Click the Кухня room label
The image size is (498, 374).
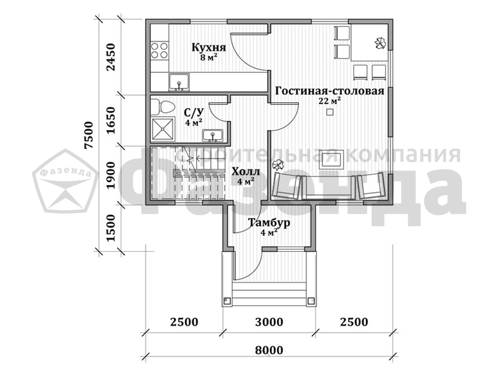(209, 48)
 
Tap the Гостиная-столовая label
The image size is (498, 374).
(330, 91)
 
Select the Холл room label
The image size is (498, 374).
(245, 172)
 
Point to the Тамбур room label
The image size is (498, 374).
(269, 223)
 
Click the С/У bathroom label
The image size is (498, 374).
(194, 112)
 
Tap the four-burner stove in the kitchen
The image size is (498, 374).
(159, 50)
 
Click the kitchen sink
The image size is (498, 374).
(179, 82)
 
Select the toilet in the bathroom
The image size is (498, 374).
(162, 107)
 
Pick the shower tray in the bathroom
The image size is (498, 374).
(163, 129)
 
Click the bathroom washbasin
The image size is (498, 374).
(213, 136)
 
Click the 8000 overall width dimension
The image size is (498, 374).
(269, 350)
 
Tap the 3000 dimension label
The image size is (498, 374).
(269, 322)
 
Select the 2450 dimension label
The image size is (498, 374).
(111, 57)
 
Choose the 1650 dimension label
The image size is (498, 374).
(111, 120)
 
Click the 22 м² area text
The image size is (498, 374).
(330, 101)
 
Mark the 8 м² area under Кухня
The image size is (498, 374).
(209, 58)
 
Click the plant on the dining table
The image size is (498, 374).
(380, 43)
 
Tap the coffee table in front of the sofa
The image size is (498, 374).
(332, 160)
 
